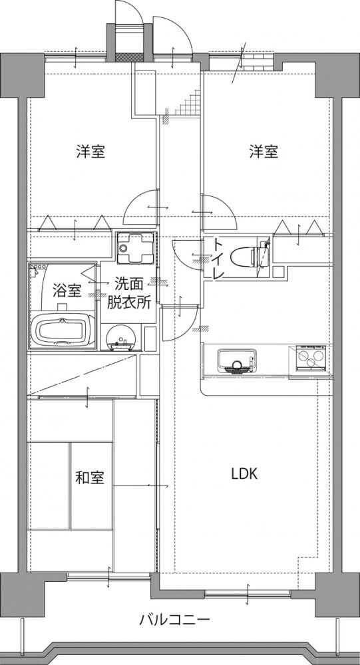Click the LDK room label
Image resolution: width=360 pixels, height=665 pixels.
click(x=244, y=474)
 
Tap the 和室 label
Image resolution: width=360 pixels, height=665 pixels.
click(x=90, y=478)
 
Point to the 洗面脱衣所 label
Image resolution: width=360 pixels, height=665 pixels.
click(x=128, y=292)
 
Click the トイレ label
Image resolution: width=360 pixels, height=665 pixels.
click(x=218, y=259)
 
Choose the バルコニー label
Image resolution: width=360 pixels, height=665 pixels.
click(x=174, y=620)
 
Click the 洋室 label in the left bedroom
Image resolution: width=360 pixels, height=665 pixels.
click(x=91, y=152)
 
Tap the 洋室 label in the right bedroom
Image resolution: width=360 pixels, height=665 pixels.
click(x=264, y=152)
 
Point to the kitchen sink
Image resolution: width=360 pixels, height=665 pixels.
click(x=237, y=360)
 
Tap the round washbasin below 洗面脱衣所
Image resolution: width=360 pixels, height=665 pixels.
click(x=121, y=337)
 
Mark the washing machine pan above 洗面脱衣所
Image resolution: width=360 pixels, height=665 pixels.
click(x=135, y=248)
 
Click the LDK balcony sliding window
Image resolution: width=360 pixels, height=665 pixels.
click(x=248, y=593)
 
